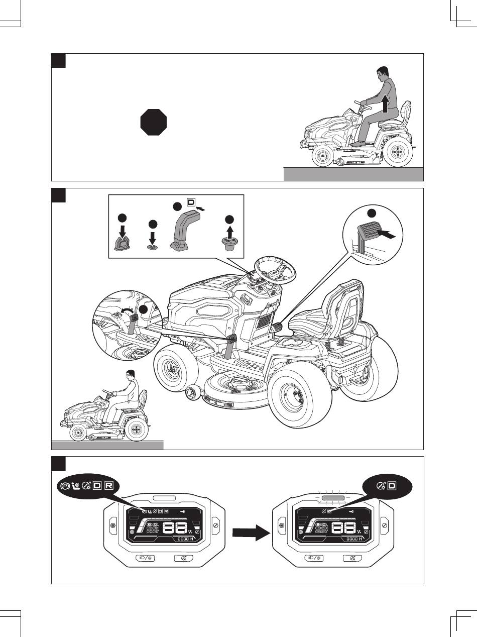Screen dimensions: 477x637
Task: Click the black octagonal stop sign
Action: (x=154, y=122)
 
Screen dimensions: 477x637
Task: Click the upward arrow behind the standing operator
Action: (x=386, y=104)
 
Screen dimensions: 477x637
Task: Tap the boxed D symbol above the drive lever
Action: (x=191, y=203)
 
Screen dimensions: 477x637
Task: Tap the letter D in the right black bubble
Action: (x=392, y=486)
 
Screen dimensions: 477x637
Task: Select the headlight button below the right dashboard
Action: (x=313, y=558)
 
